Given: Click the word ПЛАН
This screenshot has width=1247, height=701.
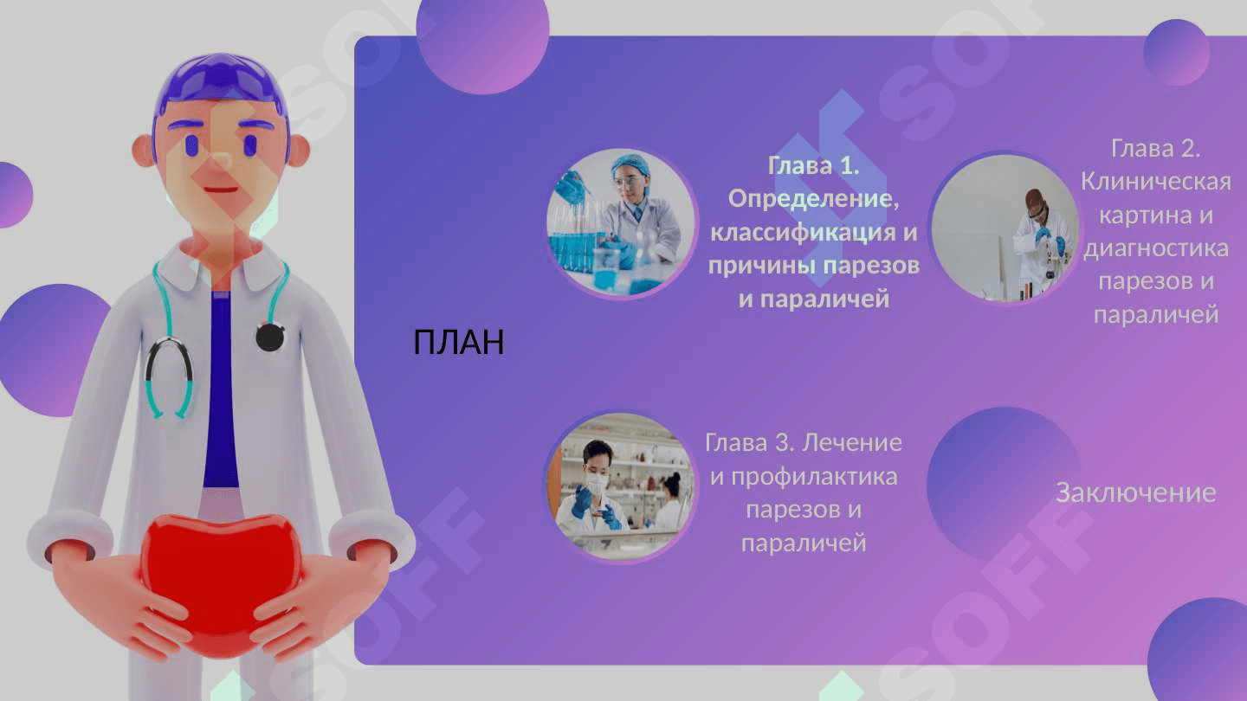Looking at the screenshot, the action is pyautogui.click(x=459, y=342).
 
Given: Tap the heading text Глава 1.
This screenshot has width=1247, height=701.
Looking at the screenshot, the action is pyautogui.click(x=813, y=165).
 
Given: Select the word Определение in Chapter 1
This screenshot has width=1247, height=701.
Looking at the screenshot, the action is pyautogui.click(x=813, y=199).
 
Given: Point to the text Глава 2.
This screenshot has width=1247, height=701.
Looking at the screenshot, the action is pyautogui.click(x=1156, y=149).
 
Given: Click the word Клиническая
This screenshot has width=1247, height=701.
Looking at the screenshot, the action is pyautogui.click(x=1156, y=182).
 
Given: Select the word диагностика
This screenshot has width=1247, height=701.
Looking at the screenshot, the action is pyautogui.click(x=1156, y=248).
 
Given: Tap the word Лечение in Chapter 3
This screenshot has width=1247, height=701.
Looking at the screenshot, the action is pyautogui.click(x=852, y=443).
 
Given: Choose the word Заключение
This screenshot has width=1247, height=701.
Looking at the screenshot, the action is pyautogui.click(x=1135, y=493).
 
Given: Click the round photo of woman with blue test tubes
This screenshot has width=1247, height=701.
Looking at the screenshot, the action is pyautogui.click(x=622, y=222).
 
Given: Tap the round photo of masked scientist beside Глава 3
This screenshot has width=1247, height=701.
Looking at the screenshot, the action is pyautogui.click(x=621, y=486).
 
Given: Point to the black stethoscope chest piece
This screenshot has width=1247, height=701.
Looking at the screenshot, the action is pyautogui.click(x=270, y=337).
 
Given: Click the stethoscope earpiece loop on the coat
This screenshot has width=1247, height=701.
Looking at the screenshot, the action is pyautogui.click(x=170, y=378).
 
